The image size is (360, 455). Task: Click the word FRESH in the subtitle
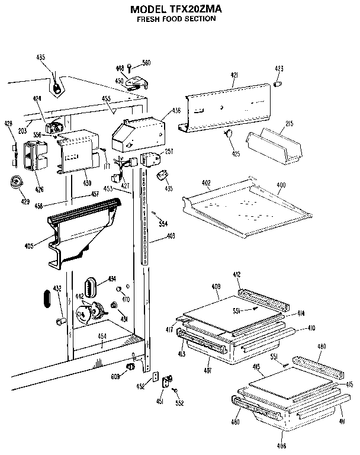pyautogui.click(x=151, y=19)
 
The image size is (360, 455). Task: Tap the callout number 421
pyautogui.click(x=234, y=75)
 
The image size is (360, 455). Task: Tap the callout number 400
pyautogui.click(x=281, y=185)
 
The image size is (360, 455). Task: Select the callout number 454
pyautogui.click(x=102, y=337)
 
